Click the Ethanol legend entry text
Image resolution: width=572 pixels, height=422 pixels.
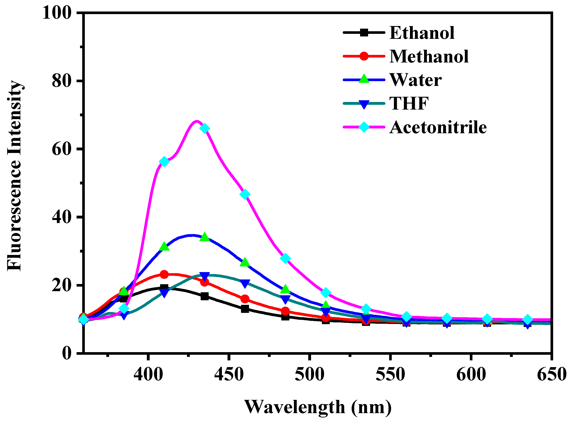coord(422,33)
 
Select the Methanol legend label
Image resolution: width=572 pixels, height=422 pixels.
coord(429,56)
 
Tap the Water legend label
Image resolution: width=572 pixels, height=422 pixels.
coord(415,80)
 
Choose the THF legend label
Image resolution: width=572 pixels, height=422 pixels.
coord(409,103)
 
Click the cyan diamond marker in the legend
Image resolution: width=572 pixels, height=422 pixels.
coord(364,127)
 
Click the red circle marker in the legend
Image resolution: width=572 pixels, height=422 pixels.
coord(364,56)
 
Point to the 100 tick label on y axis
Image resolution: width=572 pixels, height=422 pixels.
coord(56,13)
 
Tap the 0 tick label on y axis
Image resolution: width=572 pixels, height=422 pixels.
coord(67,353)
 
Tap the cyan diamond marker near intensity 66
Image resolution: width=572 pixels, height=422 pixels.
coord(205,128)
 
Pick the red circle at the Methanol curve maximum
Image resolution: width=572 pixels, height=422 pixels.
coord(164,275)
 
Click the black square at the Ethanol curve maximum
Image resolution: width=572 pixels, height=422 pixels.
coord(164,288)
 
